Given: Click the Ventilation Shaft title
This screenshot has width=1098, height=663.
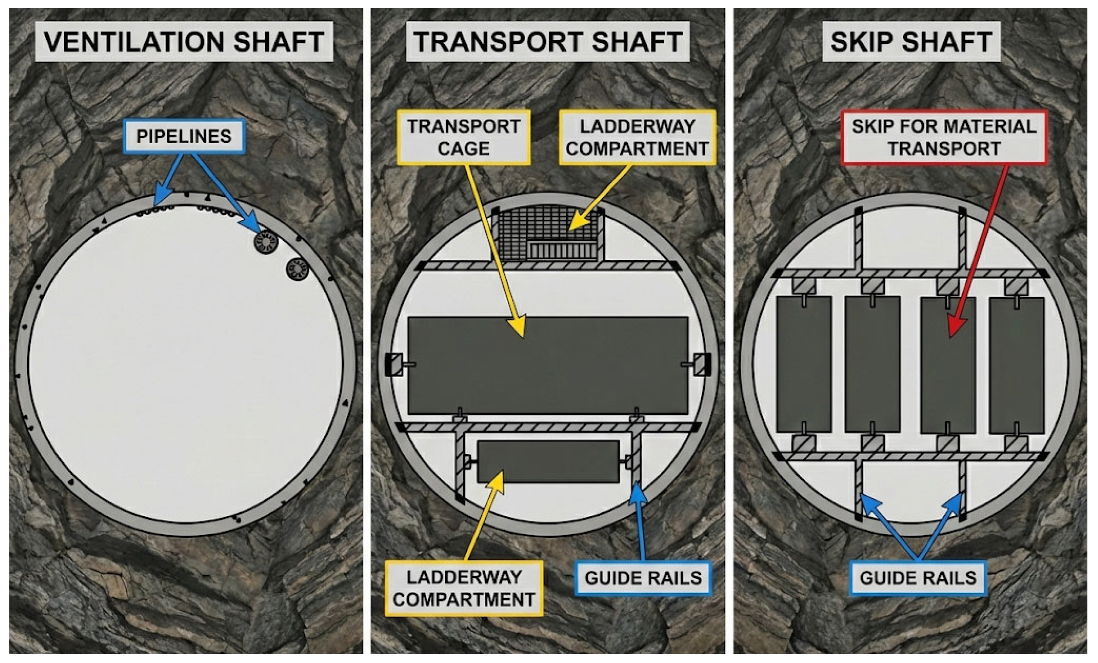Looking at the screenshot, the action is point(184,41).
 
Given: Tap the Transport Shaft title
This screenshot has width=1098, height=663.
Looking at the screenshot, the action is point(548,41).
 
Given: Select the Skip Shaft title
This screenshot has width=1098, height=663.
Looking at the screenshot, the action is point(911,41).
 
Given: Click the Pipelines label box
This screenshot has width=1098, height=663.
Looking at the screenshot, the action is point(184,137).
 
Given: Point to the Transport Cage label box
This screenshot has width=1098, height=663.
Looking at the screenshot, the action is point(464,137).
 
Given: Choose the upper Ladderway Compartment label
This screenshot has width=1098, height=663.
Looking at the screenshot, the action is point(637,137).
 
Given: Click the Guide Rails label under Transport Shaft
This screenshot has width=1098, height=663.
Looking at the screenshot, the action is point(643,578).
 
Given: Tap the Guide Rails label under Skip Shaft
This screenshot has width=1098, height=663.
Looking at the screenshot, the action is point(918,578).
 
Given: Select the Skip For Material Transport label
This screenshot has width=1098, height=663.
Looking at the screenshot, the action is point(944,137).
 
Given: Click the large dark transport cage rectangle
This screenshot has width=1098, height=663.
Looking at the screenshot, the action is point(548,365).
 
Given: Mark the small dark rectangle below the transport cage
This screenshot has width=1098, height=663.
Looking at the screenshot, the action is point(548,462).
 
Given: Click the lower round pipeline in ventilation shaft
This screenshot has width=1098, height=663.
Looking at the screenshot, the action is point(297,269).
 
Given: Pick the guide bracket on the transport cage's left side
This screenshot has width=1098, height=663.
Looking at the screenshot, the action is point(394,364).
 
